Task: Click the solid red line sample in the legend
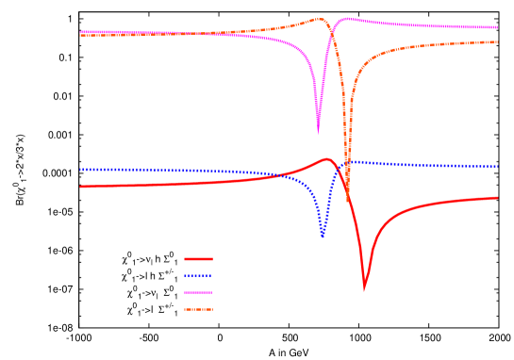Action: (x=198, y=259)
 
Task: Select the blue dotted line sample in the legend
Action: (x=198, y=276)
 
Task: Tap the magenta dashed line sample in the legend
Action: (x=198, y=292)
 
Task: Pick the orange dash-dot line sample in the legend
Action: (x=198, y=309)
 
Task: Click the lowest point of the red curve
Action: (x=365, y=284)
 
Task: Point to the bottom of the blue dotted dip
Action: (x=323, y=236)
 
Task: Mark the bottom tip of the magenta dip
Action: (x=318, y=131)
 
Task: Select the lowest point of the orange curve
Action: (x=348, y=201)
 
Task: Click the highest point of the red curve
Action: (x=327, y=159)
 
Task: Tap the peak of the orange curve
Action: (x=320, y=18)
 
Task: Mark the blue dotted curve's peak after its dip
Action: (x=351, y=161)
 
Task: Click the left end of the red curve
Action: (x=81, y=187)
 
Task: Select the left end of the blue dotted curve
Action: (x=81, y=170)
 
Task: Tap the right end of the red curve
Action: (x=497, y=198)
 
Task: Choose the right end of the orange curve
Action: (x=497, y=42)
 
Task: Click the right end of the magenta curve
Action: (x=497, y=27)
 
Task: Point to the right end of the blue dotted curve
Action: (x=497, y=167)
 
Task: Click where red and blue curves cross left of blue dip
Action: (x=284, y=175)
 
